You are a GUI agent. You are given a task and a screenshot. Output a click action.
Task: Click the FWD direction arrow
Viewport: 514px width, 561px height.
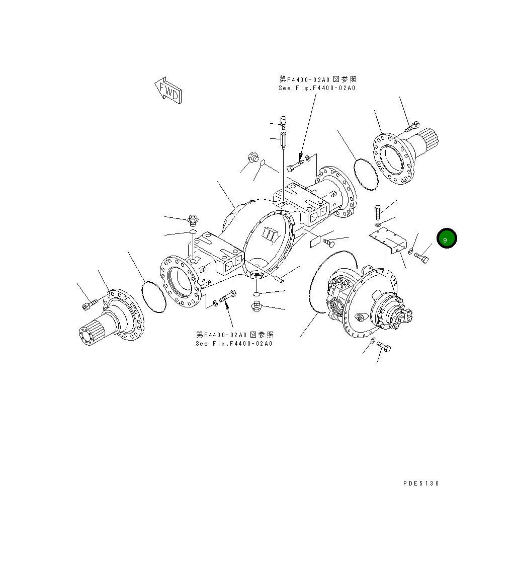tap(168, 90)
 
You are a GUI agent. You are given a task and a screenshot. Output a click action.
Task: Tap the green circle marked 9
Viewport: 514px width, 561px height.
tap(446, 239)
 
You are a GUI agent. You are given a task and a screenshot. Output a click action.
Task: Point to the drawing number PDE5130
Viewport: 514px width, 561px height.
tap(421, 484)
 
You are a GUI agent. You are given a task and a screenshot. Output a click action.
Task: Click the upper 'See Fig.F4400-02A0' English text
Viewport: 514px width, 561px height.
tap(317, 88)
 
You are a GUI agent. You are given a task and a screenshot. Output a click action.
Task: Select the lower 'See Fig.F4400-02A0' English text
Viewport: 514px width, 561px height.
tap(234, 344)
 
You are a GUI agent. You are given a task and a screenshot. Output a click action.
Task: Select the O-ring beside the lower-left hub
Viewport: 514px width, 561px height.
tap(154, 297)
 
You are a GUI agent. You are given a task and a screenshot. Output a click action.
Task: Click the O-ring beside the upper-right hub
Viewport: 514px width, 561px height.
tap(367, 175)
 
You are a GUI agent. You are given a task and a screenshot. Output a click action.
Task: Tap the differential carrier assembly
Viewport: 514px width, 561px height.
tap(362, 302)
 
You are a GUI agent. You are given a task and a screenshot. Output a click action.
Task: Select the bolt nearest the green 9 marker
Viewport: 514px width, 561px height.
tap(421, 258)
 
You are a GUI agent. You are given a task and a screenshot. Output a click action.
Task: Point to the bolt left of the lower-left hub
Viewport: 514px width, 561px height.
tap(89, 304)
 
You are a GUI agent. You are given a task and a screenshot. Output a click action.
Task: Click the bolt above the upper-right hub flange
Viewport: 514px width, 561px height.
tap(412, 126)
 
